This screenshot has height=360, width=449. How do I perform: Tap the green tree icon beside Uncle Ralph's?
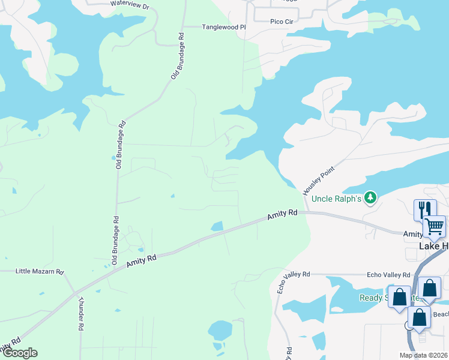371,197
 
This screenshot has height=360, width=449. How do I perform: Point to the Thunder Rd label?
80,313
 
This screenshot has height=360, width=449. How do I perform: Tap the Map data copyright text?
424,355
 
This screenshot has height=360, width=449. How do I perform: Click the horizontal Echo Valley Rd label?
388,274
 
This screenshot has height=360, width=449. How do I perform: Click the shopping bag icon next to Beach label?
420,317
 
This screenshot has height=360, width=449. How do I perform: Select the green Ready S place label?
373,298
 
